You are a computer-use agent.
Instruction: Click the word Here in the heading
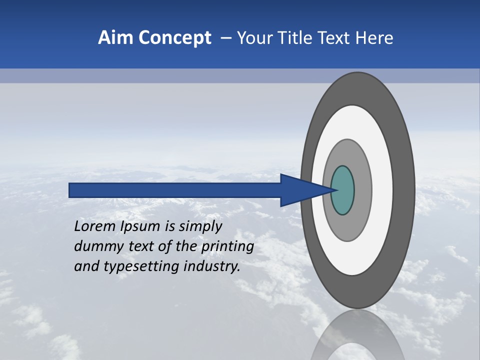374,38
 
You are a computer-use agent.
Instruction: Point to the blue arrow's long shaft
175,190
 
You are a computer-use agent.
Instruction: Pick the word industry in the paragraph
212,267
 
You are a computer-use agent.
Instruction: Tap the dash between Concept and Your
226,38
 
